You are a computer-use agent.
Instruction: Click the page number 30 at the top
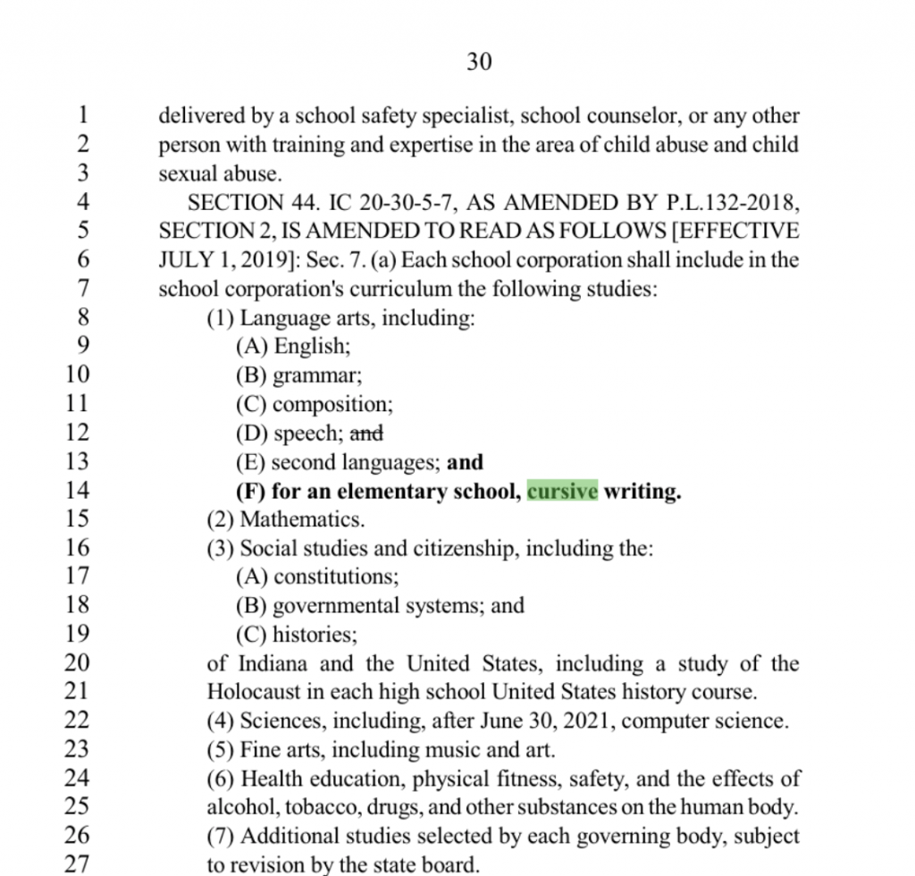click(479, 62)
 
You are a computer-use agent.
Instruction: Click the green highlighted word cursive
click(562, 491)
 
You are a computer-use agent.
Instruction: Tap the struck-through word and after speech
click(365, 434)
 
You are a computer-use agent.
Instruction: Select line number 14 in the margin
click(78, 490)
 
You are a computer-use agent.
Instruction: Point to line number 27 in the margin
click(78, 864)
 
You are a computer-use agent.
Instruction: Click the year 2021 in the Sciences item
click(589, 720)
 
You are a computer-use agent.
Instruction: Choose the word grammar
click(317, 375)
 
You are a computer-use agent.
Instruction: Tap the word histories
click(315, 635)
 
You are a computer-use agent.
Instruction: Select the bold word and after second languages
click(465, 462)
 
